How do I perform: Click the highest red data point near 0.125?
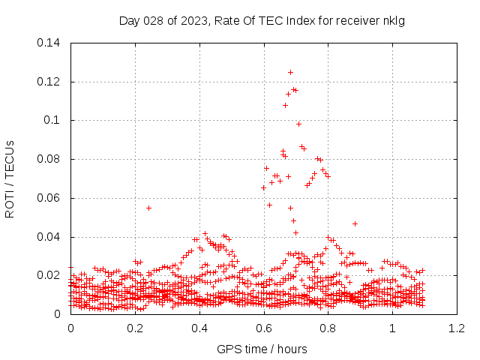[290, 73]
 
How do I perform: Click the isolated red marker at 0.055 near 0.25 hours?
[148, 208]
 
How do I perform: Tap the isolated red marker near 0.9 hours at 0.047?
[355, 223]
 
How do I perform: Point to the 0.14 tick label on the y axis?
[49, 43]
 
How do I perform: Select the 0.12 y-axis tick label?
[49, 82]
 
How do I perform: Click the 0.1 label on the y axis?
[52, 121]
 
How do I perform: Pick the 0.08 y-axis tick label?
[49, 160]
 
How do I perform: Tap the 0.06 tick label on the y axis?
[49, 199]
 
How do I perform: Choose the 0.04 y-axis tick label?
[49, 238]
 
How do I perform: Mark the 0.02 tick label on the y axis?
[49, 276]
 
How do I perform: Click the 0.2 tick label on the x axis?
[135, 328]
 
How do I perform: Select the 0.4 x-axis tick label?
[199, 328]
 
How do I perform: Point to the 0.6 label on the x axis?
[264, 328]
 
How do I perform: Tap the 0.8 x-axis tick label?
[328, 328]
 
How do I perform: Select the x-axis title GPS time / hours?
[262, 349]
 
